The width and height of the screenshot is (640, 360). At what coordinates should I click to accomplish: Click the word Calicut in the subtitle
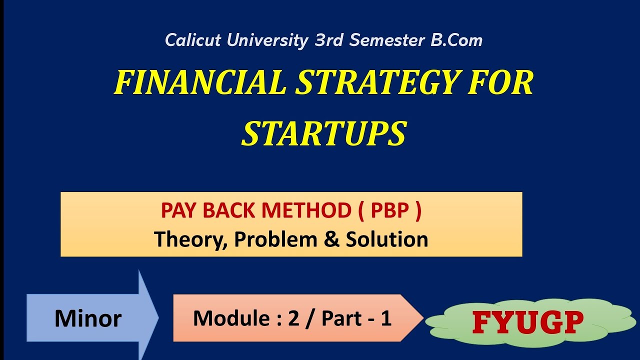click(x=192, y=40)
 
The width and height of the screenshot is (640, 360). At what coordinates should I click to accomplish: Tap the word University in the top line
click(x=267, y=40)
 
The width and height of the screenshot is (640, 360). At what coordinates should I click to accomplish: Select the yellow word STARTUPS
click(x=324, y=133)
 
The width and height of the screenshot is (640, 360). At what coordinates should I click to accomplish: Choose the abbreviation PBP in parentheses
click(x=390, y=211)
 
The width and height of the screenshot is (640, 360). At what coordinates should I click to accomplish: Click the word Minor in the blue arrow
click(x=88, y=318)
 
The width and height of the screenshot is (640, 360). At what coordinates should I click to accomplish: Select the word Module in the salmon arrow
click(x=225, y=318)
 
